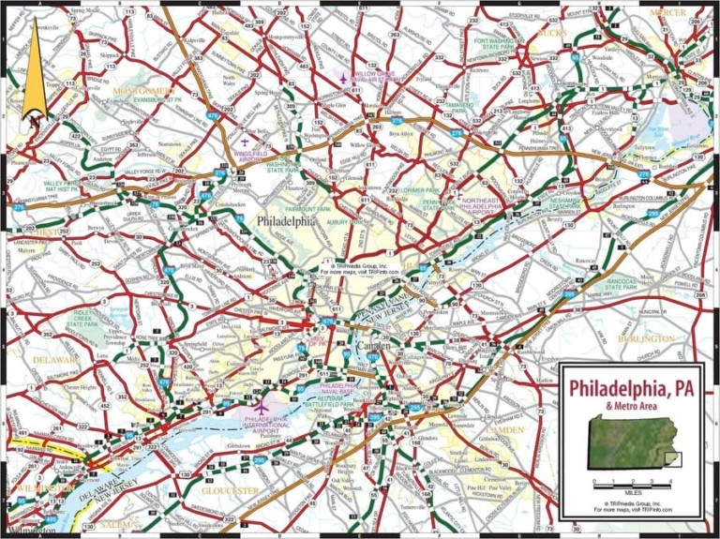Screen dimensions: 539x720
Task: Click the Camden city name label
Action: click(x=373, y=348)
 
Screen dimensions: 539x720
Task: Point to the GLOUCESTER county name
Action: click(x=230, y=490)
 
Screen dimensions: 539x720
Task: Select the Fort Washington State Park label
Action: click(x=512, y=47)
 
